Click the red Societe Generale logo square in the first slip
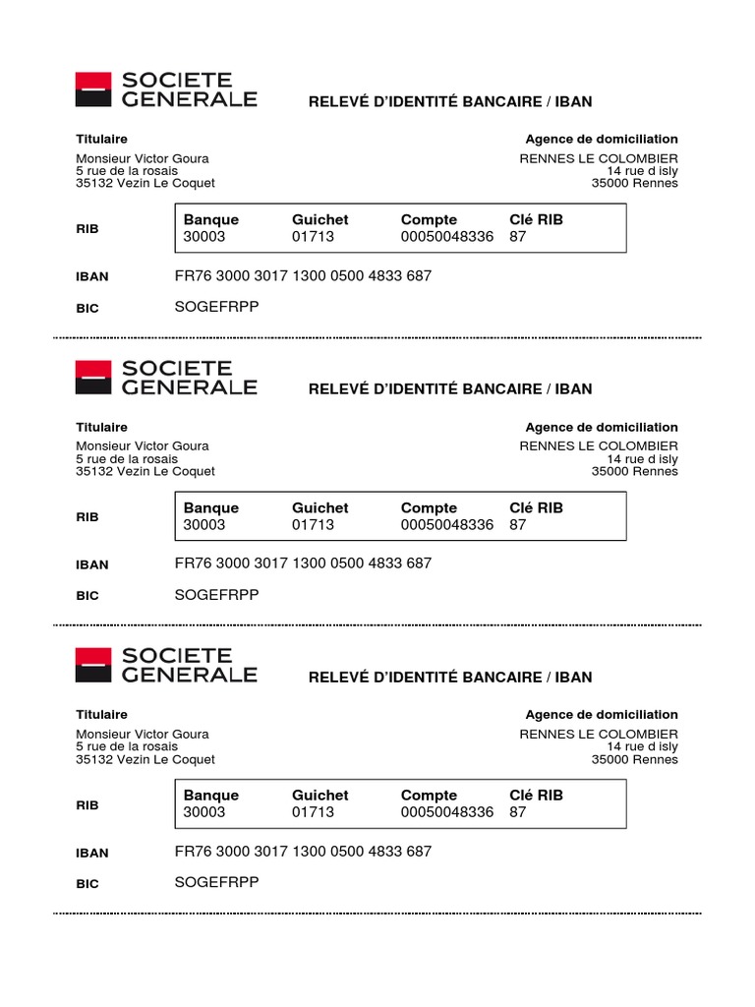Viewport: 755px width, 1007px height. point(93,89)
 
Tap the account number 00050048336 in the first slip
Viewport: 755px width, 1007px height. point(446,237)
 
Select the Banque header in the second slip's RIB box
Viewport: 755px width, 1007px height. point(210,507)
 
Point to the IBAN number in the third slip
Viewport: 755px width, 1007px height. point(303,851)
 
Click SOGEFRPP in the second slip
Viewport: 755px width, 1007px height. point(216,595)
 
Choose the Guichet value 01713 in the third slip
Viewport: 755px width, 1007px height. point(313,812)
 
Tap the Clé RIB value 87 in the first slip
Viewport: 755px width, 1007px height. point(518,237)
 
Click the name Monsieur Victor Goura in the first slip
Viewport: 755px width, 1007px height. point(143,158)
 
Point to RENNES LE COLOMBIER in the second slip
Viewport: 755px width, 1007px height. point(599,446)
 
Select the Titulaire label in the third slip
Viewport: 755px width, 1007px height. point(101,715)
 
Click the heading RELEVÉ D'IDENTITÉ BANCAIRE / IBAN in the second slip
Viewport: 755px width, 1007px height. point(450,388)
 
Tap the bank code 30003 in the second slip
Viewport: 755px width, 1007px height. point(203,524)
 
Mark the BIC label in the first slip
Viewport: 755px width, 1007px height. point(87,308)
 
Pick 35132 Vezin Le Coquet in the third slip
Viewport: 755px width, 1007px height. point(145,759)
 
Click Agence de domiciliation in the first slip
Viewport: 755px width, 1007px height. point(602,140)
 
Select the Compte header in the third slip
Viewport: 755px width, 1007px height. point(429,795)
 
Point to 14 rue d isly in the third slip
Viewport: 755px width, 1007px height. point(642,746)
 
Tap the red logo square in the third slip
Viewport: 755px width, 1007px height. point(93,665)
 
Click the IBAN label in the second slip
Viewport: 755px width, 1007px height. point(92,564)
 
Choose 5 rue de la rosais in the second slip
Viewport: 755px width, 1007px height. point(128,458)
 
